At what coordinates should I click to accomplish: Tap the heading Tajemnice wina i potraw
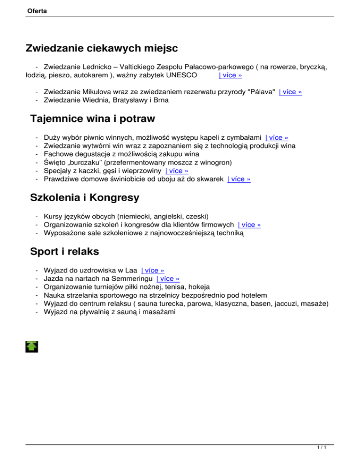(92, 119)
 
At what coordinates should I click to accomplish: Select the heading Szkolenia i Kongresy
(84, 198)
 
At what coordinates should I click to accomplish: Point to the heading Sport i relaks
(64, 251)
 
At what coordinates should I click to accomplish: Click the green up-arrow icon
(32, 346)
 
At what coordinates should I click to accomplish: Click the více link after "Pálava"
(290, 92)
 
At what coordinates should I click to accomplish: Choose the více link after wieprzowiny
(177, 171)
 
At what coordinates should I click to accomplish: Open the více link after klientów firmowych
(249, 225)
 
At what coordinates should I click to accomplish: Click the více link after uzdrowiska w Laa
(152, 271)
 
